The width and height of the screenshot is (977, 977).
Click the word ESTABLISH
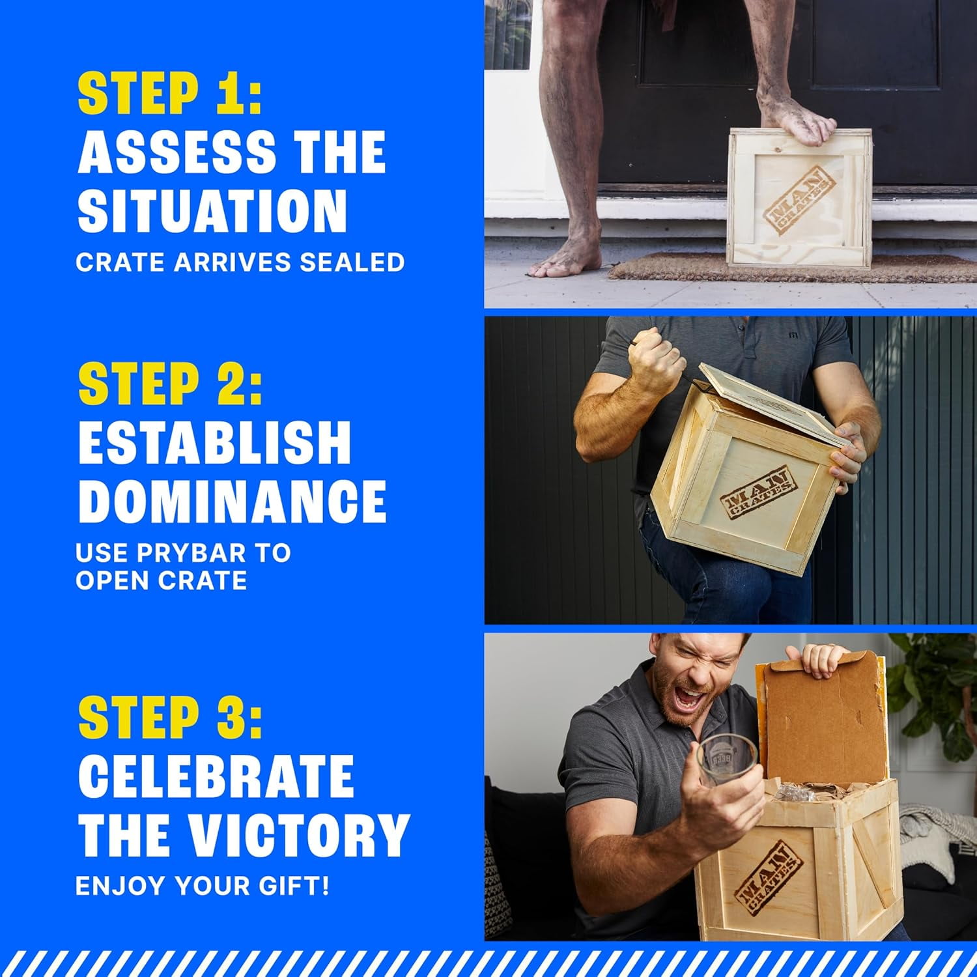click(x=215, y=442)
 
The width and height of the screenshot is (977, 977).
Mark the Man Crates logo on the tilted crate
click(x=758, y=494)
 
